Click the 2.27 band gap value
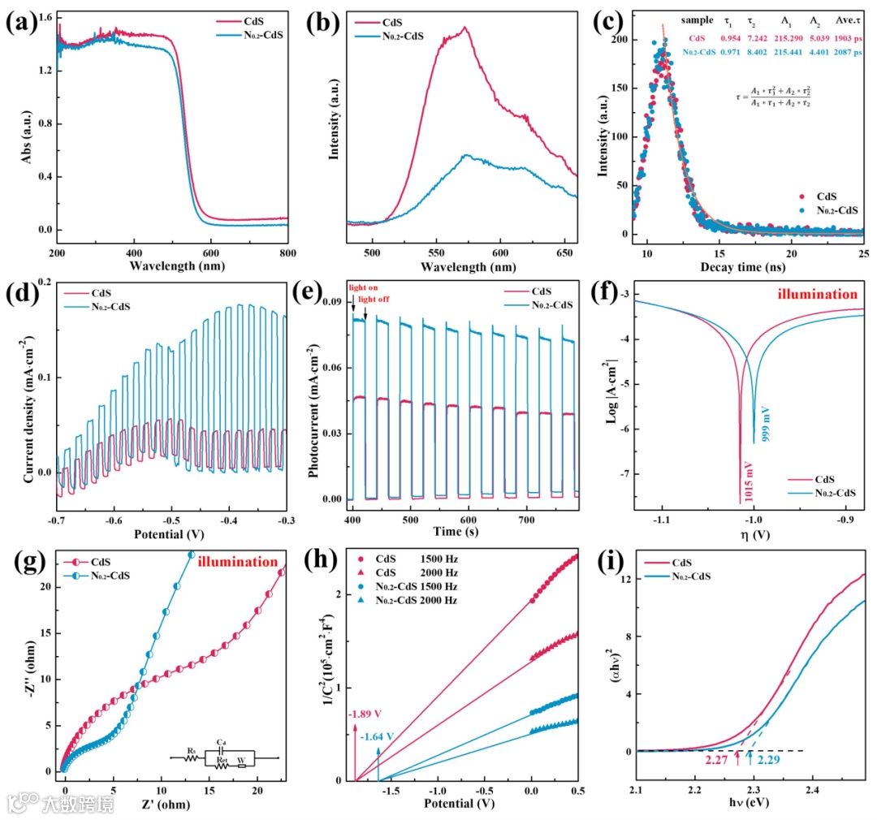coord(717,760)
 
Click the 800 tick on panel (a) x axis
coord(287,253)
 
